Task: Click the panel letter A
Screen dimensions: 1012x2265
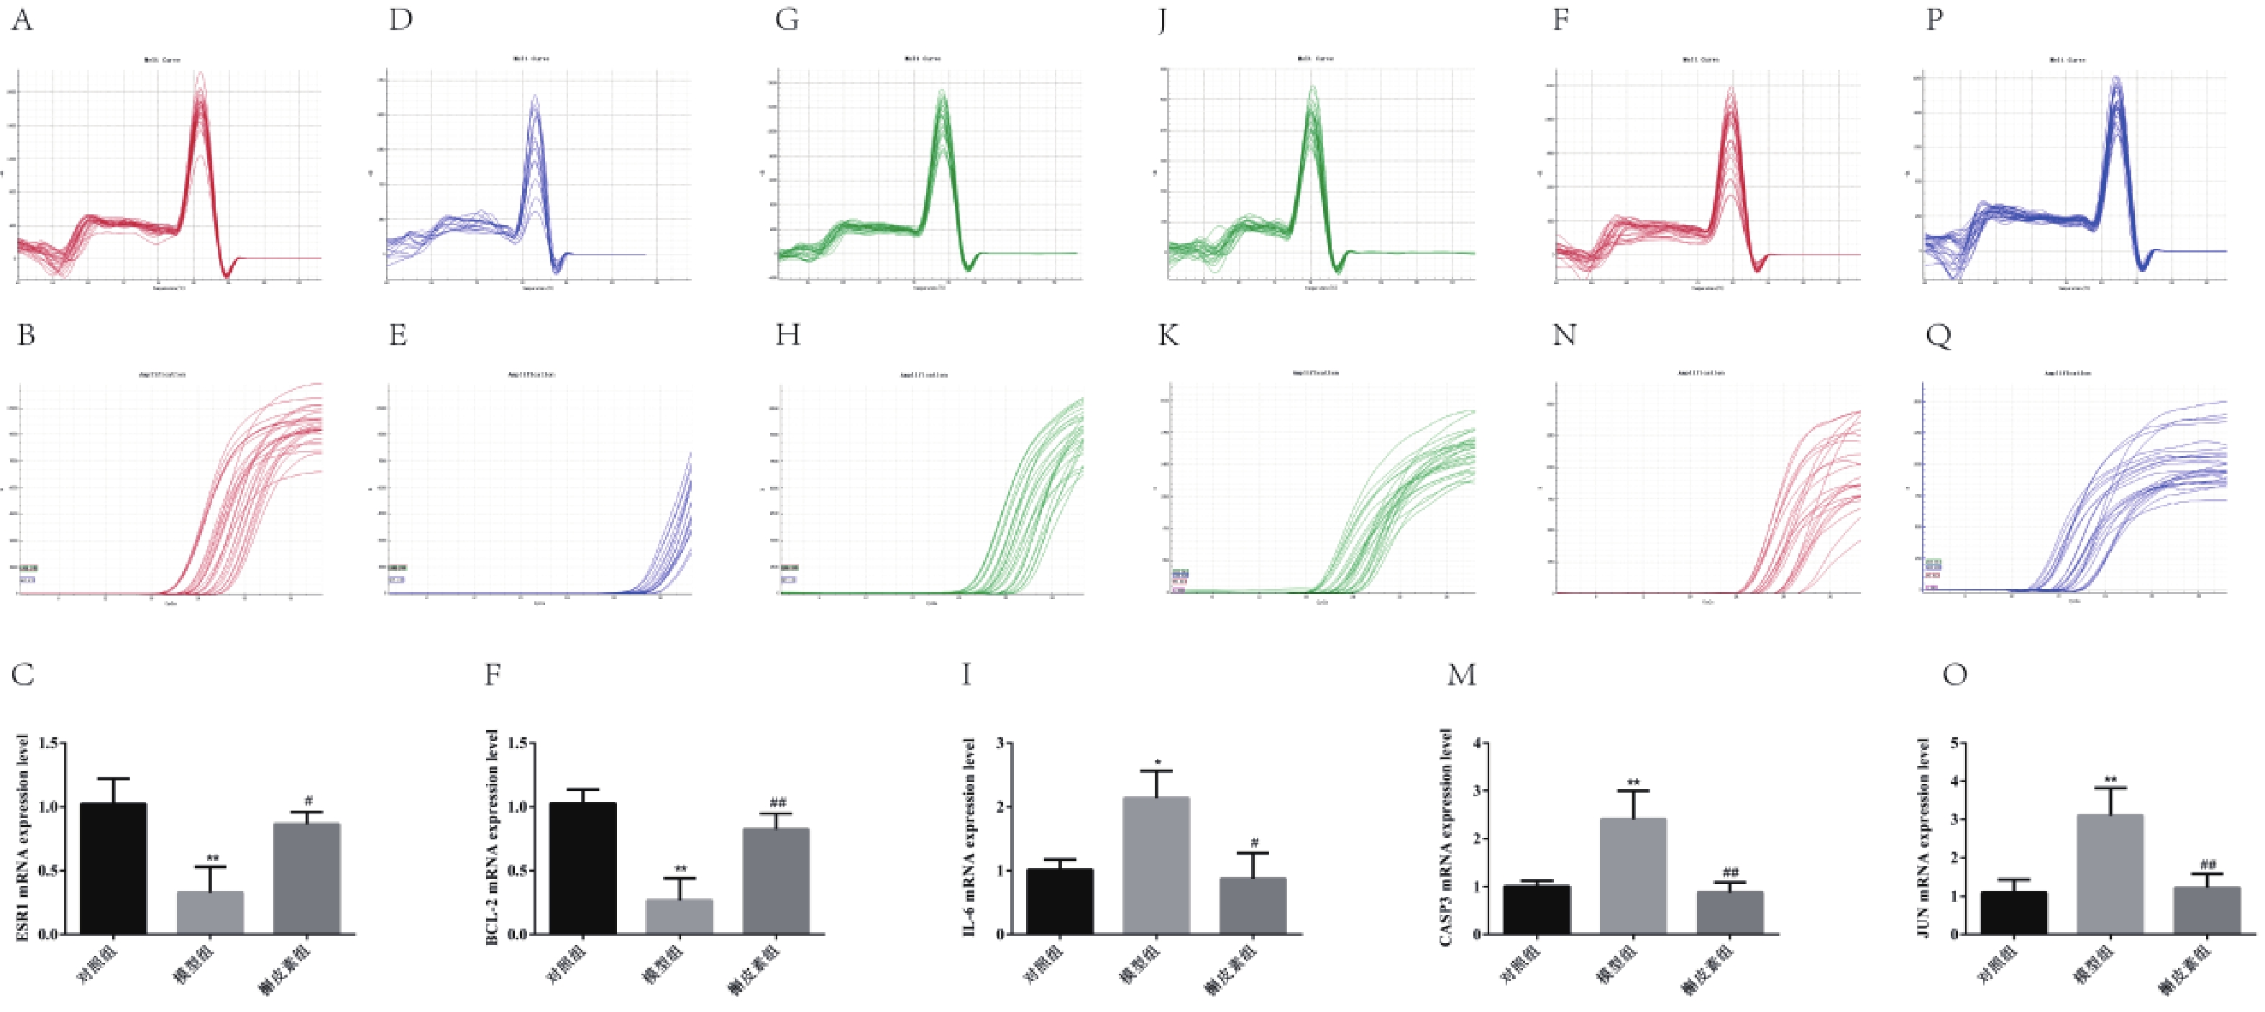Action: (x=22, y=19)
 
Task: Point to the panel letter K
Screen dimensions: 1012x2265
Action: (x=1168, y=335)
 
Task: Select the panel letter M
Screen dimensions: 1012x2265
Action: (x=1461, y=675)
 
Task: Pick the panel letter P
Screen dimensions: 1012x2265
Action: (x=1934, y=19)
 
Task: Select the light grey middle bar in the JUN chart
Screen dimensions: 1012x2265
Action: (x=2110, y=874)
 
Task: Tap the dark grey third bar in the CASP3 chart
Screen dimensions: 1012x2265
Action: (x=1729, y=913)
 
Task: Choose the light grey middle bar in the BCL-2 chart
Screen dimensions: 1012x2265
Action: (x=679, y=916)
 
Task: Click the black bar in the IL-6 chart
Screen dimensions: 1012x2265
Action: (x=1060, y=901)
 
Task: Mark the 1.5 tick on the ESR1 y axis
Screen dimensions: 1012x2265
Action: (x=49, y=744)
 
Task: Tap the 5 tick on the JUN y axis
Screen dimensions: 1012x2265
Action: (x=1960, y=744)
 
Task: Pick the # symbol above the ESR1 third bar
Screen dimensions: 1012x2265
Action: (x=308, y=801)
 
